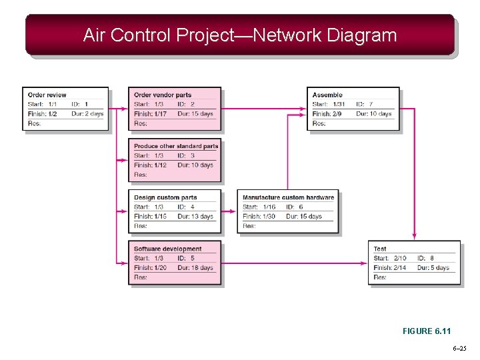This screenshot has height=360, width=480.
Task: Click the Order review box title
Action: pyautogui.click(x=47, y=95)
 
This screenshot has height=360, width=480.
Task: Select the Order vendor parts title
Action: pyautogui.click(x=163, y=95)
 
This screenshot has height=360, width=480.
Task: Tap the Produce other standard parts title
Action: pyautogui.click(x=176, y=146)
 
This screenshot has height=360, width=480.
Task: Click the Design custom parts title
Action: pyautogui.click(x=165, y=197)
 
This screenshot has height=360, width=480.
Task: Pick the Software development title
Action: pyautogui.click(x=167, y=249)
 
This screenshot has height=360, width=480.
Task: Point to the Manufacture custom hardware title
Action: pyautogui.click(x=288, y=197)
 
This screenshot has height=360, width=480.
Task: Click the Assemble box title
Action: pyautogui.click(x=327, y=95)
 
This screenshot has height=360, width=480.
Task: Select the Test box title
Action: pyautogui.click(x=380, y=249)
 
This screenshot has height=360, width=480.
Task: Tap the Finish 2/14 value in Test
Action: pyautogui.click(x=391, y=268)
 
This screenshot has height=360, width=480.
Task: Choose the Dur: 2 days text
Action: pyautogui.click(x=88, y=114)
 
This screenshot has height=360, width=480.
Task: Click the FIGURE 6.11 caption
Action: pyautogui.click(x=427, y=331)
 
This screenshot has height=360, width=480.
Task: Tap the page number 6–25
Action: pyautogui.click(x=459, y=349)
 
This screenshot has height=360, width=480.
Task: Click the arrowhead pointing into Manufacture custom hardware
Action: pyautogui.click(x=234, y=211)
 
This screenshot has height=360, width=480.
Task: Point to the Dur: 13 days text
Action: pyautogui.click(x=195, y=217)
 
